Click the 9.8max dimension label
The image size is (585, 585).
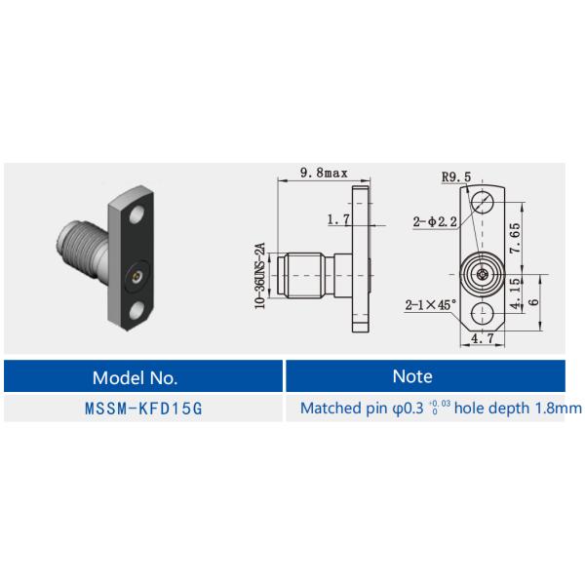tap(324, 173)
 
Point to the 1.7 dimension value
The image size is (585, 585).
tap(338, 220)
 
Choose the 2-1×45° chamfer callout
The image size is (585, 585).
tap(431, 304)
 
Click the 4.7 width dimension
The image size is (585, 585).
tap(483, 340)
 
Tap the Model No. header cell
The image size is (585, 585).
tap(143, 376)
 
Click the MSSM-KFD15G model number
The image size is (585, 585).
tap(143, 408)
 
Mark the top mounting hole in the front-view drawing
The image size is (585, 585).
tap(484, 202)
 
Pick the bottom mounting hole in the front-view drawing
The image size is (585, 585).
tap(483, 313)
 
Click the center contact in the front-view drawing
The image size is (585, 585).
tap(484, 276)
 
